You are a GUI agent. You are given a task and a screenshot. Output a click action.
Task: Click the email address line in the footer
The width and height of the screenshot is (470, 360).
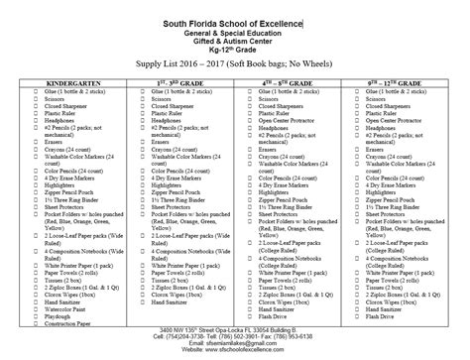click(x=234, y=347)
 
